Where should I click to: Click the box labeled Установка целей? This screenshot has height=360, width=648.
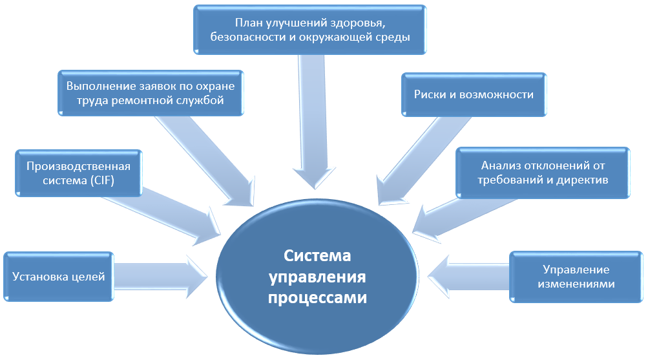[x=58, y=277]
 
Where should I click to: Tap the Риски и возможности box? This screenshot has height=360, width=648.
[x=474, y=94]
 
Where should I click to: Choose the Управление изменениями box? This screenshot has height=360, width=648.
[x=576, y=277]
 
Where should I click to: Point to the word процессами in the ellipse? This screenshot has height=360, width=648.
[x=317, y=299]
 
